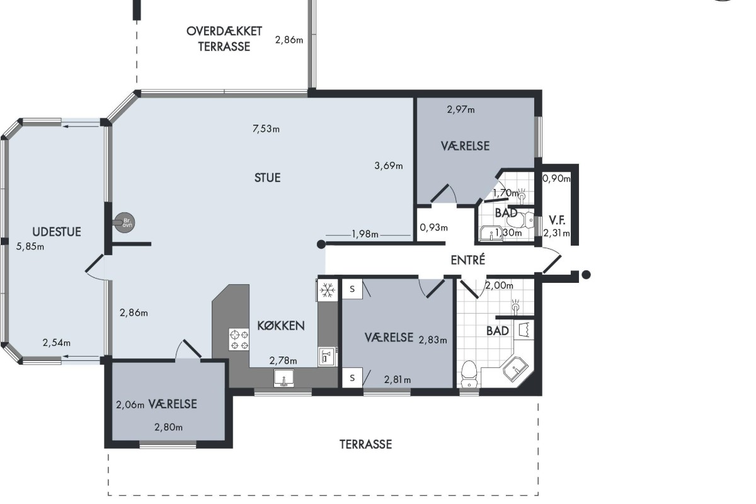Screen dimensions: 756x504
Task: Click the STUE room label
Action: pos(267,178)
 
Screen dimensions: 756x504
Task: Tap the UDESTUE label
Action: pos(57,232)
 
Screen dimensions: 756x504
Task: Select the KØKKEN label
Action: pos(281,326)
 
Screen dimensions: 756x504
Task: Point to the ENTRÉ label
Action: pos(467,260)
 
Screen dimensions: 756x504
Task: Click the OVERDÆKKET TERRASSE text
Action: pos(224,39)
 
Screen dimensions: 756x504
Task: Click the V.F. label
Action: pos(557,220)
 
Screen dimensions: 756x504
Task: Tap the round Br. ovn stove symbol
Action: pos(125,222)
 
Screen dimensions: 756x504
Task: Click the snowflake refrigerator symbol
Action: pos(328,290)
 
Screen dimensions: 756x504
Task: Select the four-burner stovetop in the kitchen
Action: pos(239,340)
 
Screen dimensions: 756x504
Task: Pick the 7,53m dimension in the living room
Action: pos(266,129)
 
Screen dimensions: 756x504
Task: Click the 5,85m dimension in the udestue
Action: pos(30,246)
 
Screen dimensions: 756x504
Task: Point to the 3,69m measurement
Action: pos(389,166)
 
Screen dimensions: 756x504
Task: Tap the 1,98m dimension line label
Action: pos(365,234)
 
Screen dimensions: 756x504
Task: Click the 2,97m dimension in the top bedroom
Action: pos(461,110)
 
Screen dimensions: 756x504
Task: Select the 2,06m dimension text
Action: pos(130,404)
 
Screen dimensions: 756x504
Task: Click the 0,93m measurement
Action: pos(433,227)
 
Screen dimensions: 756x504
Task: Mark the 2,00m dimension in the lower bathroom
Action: pos(499,285)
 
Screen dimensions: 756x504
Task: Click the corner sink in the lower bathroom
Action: pos(516,369)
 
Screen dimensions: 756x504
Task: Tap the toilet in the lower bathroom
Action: pos(469,374)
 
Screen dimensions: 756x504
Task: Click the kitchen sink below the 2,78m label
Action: pos(284,378)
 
